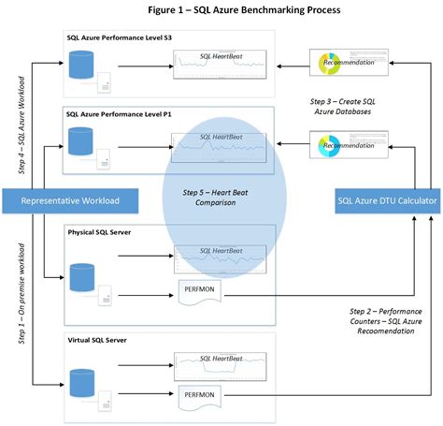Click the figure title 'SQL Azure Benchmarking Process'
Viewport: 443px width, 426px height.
click(243, 9)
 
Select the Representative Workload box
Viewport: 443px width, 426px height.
click(70, 199)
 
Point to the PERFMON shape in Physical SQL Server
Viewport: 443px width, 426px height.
click(199, 292)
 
